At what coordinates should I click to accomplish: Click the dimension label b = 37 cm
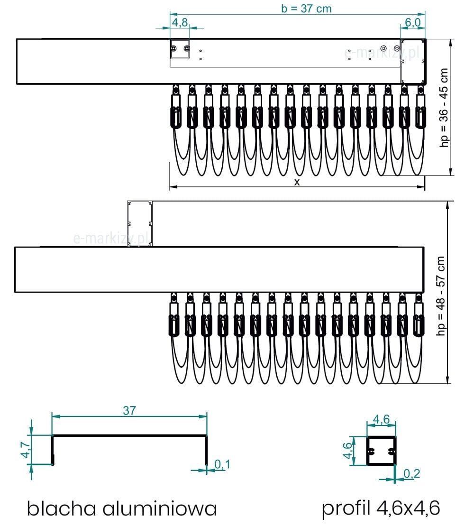306,9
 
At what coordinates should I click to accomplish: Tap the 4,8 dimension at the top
180,22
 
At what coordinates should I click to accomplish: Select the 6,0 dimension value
413,22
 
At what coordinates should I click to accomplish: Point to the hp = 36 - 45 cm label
444,107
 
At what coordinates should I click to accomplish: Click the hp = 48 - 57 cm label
441,296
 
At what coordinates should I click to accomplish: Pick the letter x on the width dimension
297,182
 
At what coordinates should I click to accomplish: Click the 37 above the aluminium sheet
129,410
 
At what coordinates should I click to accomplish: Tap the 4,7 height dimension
26,450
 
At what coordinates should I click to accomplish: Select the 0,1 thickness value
222,464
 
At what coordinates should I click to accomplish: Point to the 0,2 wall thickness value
411,474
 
